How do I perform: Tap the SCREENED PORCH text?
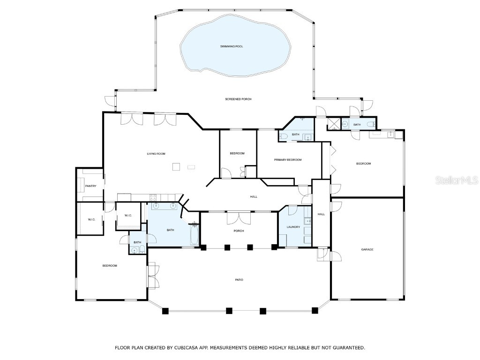pyautogui.click(x=238, y=99)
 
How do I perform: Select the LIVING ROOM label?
pyautogui.click(x=156, y=154)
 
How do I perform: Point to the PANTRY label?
pyautogui.click(x=90, y=186)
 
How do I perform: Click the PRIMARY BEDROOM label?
pyautogui.click(x=288, y=160)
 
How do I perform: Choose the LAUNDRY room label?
pyautogui.click(x=293, y=227)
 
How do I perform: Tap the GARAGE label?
pyautogui.click(x=367, y=249)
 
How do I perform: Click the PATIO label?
pyautogui.click(x=239, y=280)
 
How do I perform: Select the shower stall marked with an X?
pyautogui.click(x=333, y=124)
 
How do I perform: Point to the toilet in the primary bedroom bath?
pyautogui.click(x=283, y=136)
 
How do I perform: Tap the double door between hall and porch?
pyautogui.click(x=239, y=217)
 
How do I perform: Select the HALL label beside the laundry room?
pyautogui.click(x=321, y=214)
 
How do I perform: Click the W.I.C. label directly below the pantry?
pyautogui.click(x=91, y=219)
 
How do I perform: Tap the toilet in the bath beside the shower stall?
pyautogui.click(x=370, y=124)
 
